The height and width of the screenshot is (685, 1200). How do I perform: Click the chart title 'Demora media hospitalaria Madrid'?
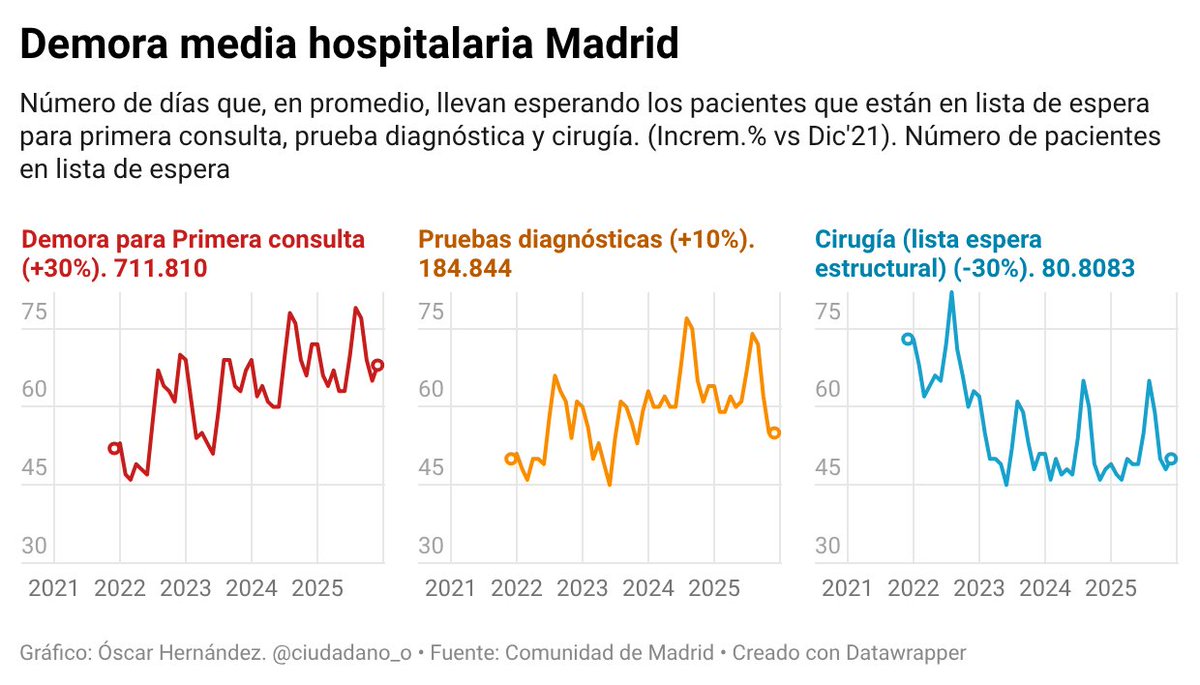(x=349, y=46)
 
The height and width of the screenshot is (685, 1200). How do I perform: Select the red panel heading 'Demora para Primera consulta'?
(x=193, y=240)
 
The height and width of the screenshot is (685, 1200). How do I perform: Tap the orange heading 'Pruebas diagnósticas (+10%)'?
(x=585, y=240)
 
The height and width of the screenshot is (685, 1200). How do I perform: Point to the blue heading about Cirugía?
(x=929, y=254)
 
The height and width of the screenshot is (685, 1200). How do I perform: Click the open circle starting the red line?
(x=114, y=448)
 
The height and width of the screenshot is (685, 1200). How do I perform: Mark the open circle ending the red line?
(x=377, y=365)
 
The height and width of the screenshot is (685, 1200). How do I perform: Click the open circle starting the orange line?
(x=511, y=459)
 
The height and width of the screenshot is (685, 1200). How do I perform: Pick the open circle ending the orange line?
(x=774, y=433)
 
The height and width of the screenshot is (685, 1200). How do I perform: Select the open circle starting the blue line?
(x=907, y=339)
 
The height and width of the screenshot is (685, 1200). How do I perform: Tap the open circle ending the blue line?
(x=1172, y=459)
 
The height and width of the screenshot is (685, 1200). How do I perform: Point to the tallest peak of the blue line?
(x=951, y=292)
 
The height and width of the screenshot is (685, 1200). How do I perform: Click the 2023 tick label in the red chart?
(x=185, y=588)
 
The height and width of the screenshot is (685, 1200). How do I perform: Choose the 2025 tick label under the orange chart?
(x=713, y=588)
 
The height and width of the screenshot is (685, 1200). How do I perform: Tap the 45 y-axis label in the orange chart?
(x=431, y=468)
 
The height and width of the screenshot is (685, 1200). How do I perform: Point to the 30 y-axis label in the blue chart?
(x=827, y=546)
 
